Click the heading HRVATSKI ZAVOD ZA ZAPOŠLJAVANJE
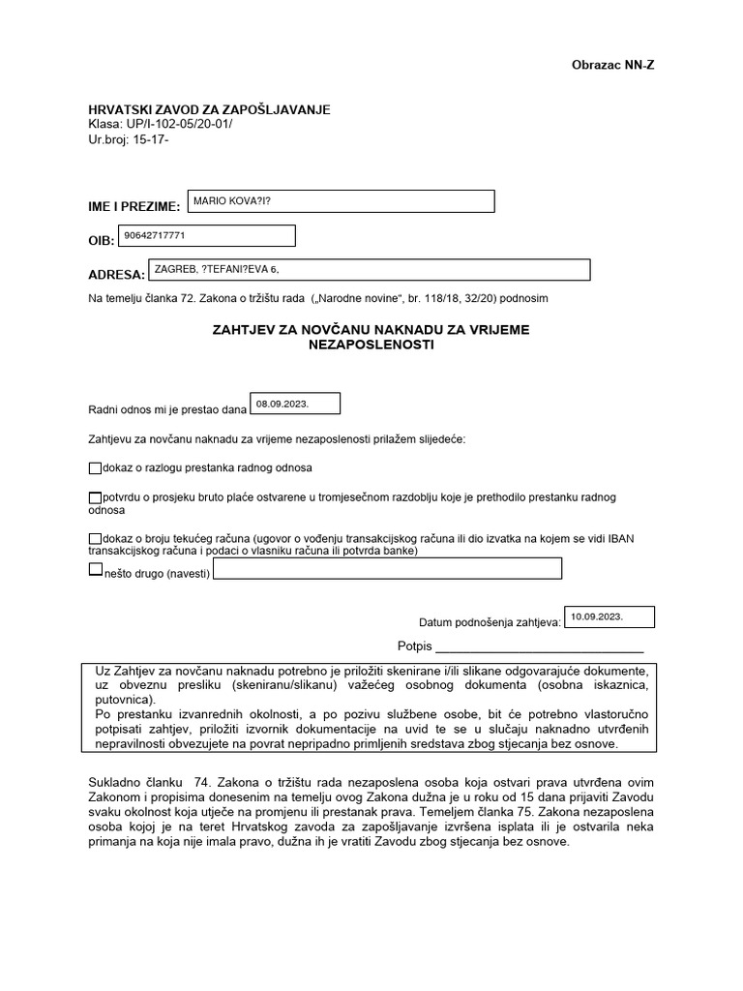[x=209, y=109]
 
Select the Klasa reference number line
[x=160, y=125]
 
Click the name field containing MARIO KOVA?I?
[x=340, y=200]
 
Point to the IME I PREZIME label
[x=134, y=207]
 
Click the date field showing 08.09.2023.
[x=295, y=403]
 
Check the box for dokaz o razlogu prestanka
[x=94, y=468]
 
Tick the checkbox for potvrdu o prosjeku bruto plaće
[x=94, y=497]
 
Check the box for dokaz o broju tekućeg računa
[x=94, y=538]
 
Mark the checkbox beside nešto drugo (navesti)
[x=94, y=571]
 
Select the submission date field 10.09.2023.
[x=609, y=616]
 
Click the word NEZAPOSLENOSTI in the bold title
[x=371, y=345]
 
